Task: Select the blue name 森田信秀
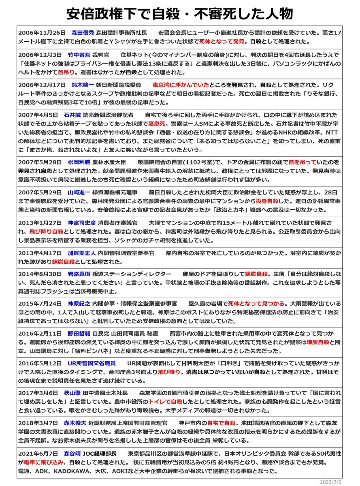click(83, 32)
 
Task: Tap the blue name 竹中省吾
click(79, 55)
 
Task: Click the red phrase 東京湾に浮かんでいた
click(181, 85)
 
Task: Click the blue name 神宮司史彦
click(82, 223)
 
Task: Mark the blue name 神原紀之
click(79, 303)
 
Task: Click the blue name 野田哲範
click(79, 333)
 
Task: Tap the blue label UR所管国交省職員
click(92, 363)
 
